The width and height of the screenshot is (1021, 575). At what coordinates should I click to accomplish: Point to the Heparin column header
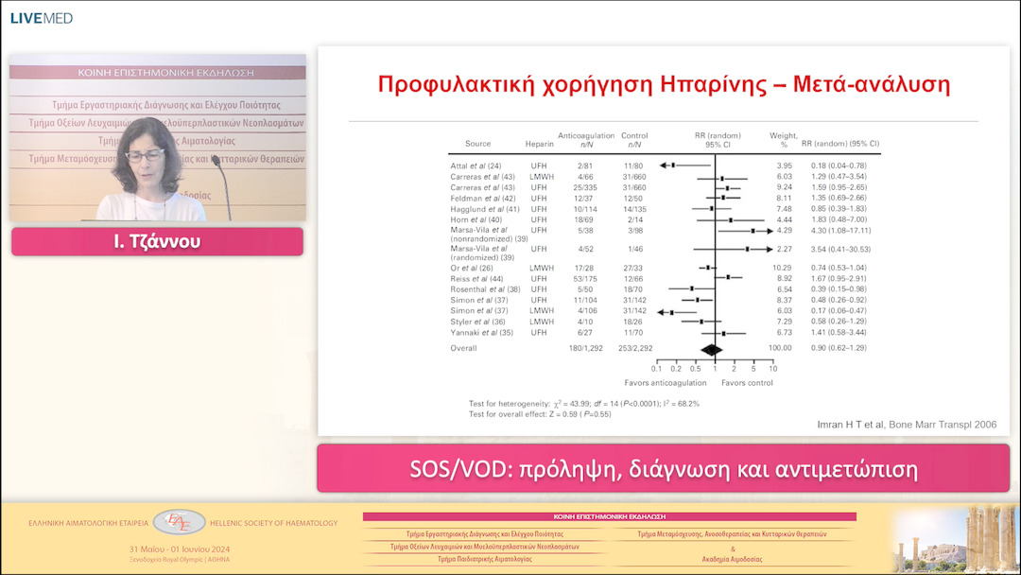click(540, 144)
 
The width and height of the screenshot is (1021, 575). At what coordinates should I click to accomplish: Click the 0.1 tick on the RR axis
click(656, 369)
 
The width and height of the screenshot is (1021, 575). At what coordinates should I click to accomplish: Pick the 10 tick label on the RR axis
click(772, 369)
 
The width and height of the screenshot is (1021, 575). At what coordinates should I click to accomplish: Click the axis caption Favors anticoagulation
click(665, 383)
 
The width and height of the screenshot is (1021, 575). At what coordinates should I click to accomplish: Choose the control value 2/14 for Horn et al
click(634, 219)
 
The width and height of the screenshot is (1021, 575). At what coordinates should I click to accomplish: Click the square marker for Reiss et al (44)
click(729, 278)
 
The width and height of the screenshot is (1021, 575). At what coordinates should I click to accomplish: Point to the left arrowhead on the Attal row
click(664, 166)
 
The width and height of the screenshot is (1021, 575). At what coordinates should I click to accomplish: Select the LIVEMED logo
click(41, 18)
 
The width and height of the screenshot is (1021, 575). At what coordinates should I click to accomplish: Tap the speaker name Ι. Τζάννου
click(157, 242)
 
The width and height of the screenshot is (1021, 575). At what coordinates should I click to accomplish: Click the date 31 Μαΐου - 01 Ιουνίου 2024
click(180, 549)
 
